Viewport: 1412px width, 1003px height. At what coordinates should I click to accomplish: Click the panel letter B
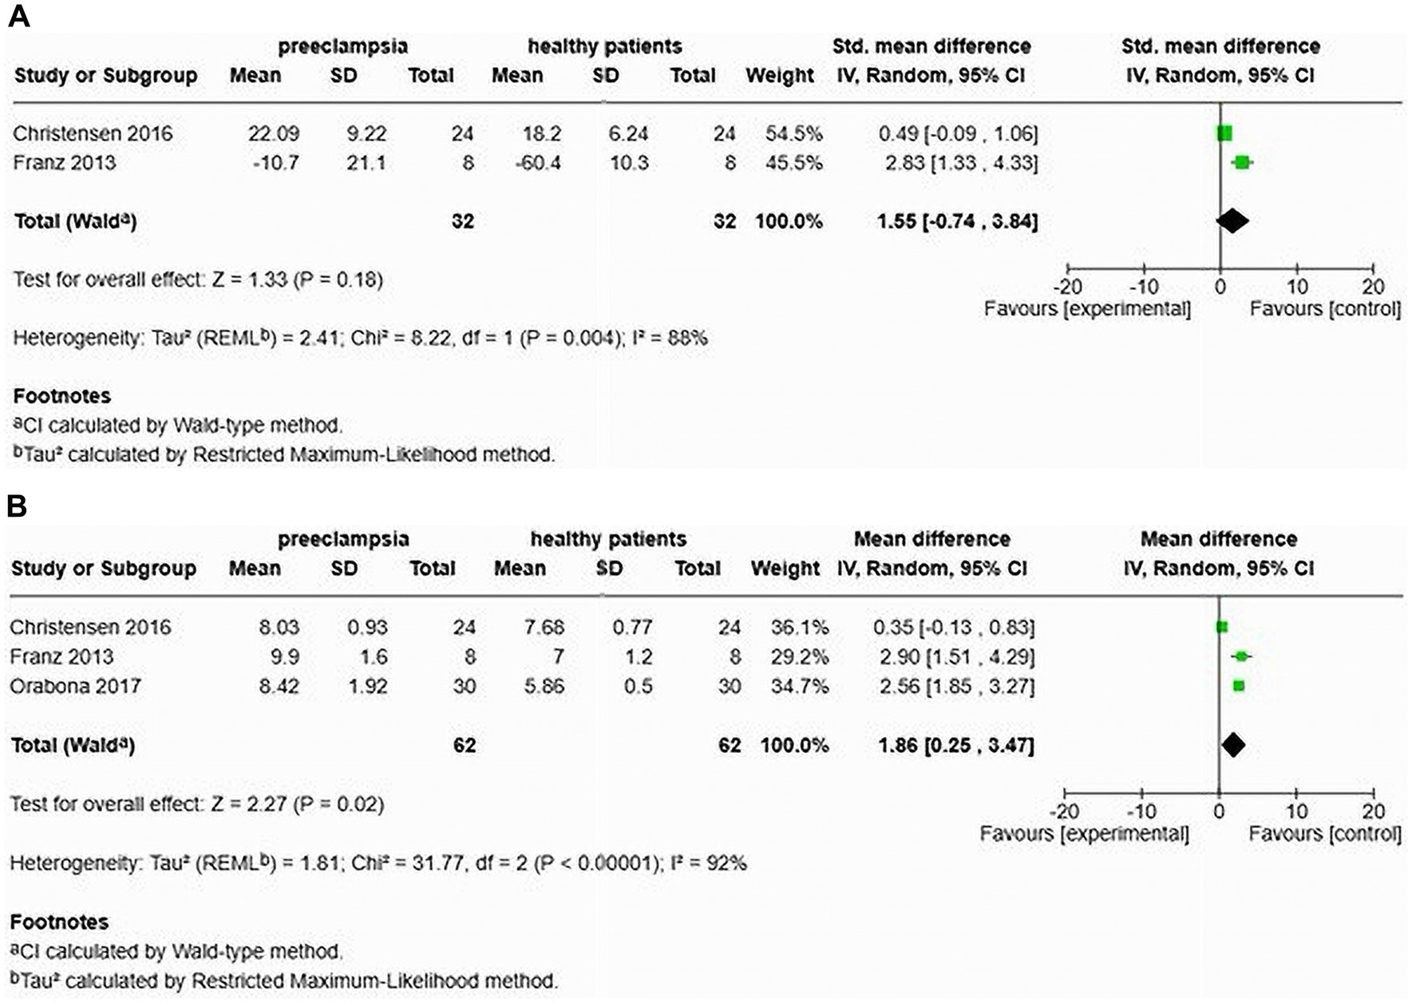click(x=17, y=506)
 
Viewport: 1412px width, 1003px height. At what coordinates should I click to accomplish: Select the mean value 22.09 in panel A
click(x=273, y=133)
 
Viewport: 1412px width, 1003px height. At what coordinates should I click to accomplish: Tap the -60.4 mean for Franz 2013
click(x=537, y=163)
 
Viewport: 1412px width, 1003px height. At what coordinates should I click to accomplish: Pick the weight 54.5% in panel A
click(x=793, y=133)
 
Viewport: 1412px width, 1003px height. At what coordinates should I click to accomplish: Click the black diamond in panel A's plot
click(x=1232, y=221)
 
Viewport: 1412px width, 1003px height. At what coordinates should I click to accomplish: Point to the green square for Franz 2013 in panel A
click(x=1241, y=163)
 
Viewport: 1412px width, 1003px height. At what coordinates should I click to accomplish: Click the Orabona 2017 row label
click(x=75, y=686)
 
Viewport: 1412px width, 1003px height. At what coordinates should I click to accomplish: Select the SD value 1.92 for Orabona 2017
click(x=367, y=686)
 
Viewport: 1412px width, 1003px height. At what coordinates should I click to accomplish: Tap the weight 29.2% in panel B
click(x=800, y=656)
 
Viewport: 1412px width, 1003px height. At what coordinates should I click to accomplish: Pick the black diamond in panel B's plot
click(x=1233, y=745)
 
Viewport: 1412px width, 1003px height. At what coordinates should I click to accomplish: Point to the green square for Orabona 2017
click(x=1239, y=686)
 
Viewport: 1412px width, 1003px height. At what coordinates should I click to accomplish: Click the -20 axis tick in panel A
click(x=1067, y=287)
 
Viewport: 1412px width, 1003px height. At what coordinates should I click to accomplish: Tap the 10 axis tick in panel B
click(x=1296, y=811)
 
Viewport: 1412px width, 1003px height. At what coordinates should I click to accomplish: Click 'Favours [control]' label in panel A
click(x=1325, y=309)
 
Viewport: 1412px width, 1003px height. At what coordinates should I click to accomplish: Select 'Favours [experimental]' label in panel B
click(x=1084, y=834)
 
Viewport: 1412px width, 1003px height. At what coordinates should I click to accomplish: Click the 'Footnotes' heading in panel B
click(x=60, y=922)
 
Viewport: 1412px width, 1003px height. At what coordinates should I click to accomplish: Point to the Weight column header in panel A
click(x=780, y=76)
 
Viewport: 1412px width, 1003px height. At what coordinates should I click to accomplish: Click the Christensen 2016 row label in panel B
click(x=90, y=627)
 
